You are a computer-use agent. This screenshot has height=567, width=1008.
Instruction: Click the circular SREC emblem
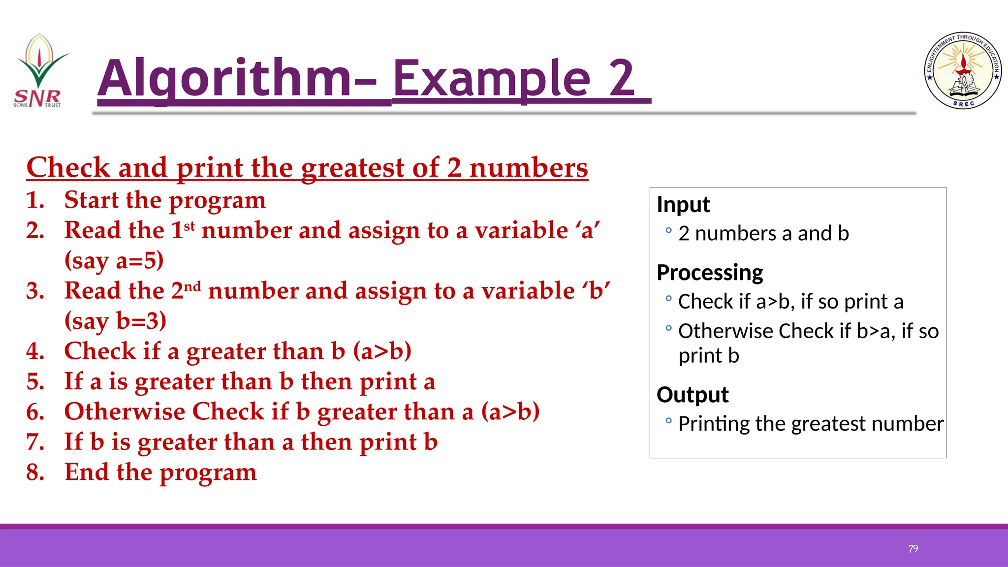click(x=963, y=71)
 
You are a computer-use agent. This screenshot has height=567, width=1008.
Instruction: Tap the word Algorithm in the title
click(x=224, y=79)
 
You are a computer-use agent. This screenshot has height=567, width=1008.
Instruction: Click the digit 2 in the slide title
click(x=622, y=79)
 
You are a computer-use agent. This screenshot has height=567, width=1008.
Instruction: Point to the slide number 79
click(x=913, y=549)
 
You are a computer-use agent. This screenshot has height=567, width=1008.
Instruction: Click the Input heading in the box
click(x=683, y=204)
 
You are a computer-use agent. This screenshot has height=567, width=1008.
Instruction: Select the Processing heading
click(x=710, y=272)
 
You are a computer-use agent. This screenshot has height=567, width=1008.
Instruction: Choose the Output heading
click(x=693, y=394)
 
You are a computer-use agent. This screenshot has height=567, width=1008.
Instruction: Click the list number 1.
click(x=35, y=200)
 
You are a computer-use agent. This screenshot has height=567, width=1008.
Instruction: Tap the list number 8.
click(x=35, y=472)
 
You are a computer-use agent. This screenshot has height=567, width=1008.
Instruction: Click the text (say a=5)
click(x=114, y=260)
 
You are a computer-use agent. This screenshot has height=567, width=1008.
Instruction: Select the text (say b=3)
click(x=116, y=321)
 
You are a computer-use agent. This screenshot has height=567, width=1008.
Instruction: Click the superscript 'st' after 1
click(x=189, y=226)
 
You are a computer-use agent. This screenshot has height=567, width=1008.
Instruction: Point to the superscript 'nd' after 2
click(x=192, y=286)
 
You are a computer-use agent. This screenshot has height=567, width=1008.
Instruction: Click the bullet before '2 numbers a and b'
click(x=668, y=230)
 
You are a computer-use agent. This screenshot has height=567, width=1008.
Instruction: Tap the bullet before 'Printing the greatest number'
click(x=668, y=420)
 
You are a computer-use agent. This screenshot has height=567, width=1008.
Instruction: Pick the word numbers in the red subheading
click(x=529, y=168)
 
